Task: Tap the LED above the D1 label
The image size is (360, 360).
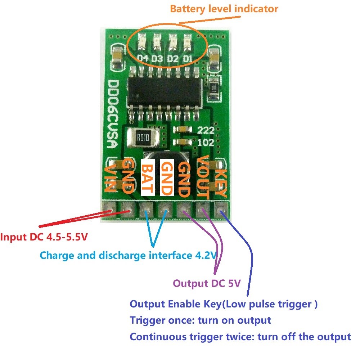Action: (x=187, y=41)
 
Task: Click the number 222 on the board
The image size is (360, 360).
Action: (x=207, y=130)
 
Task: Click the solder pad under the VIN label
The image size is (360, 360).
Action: (x=108, y=208)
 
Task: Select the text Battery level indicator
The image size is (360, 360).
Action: (x=224, y=9)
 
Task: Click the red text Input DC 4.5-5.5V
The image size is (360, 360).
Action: (x=44, y=238)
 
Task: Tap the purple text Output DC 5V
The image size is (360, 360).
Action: (x=207, y=283)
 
